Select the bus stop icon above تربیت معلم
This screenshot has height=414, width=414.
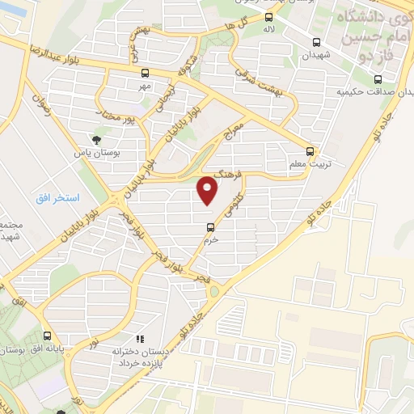point(310,151)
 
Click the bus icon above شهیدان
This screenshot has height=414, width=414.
point(315,43)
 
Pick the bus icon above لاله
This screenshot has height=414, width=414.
point(269,17)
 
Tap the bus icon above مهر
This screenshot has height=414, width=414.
point(143,74)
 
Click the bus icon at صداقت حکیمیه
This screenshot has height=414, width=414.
point(378,79)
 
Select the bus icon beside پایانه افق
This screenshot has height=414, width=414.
point(48,336)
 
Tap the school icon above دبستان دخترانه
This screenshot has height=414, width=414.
point(139,340)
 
